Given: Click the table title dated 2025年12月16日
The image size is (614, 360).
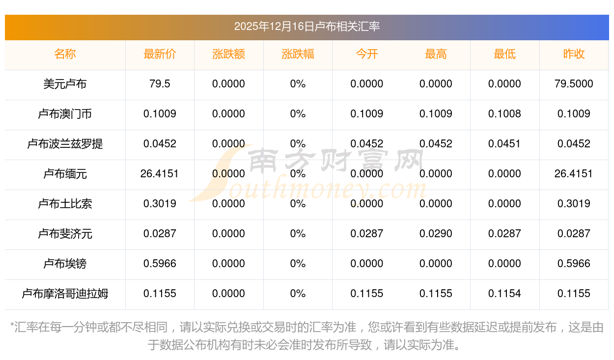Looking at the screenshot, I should (307, 27).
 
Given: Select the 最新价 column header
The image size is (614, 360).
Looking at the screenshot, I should (160, 54).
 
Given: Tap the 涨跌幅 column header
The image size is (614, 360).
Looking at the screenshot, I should (298, 54).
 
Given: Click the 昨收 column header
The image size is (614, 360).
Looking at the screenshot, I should (574, 54).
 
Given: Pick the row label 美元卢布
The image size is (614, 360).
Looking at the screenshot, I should (65, 84).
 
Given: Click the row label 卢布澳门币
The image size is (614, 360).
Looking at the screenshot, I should (65, 114).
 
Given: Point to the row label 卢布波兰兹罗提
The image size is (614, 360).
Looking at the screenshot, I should (65, 144).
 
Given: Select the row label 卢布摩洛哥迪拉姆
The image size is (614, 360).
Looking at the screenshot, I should (65, 294).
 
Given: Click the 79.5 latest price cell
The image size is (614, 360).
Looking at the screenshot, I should (160, 84).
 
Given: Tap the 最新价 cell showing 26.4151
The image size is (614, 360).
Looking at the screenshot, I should (160, 174).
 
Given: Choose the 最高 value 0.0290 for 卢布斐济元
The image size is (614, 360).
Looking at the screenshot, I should (436, 234).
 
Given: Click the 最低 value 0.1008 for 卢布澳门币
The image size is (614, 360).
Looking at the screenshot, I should (504, 114).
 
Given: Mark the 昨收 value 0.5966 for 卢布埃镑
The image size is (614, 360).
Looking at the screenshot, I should (574, 264).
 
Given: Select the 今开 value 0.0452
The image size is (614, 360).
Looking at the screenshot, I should (366, 144).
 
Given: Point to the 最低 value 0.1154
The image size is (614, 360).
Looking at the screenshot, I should (504, 294).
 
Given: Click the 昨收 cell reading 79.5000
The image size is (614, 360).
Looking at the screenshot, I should (574, 84).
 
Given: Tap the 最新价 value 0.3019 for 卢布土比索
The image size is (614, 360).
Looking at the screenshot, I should (160, 204).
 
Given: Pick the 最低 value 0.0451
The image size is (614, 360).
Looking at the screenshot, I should (504, 144).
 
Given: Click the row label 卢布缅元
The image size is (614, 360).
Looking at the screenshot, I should (65, 174).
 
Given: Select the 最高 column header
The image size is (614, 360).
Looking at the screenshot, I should (436, 54).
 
